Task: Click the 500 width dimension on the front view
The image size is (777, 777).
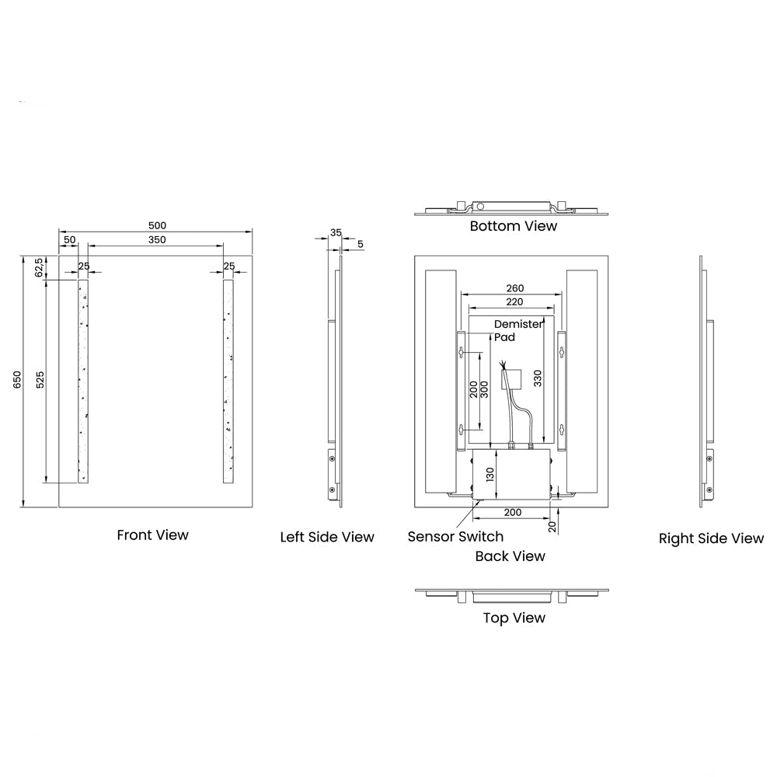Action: (157, 225)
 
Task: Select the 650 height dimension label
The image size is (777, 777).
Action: (17, 380)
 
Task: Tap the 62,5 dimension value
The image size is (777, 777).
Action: (40, 267)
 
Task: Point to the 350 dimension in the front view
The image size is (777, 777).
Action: (157, 240)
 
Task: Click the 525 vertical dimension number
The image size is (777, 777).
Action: (40, 380)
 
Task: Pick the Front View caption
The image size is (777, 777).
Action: (152, 535)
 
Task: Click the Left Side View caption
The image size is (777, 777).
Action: (327, 537)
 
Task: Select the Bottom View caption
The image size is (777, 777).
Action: (514, 226)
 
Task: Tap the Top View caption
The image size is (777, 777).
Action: (514, 618)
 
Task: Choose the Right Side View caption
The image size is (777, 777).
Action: (711, 538)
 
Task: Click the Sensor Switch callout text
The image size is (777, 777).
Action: (455, 537)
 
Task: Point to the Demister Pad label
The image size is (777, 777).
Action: (518, 330)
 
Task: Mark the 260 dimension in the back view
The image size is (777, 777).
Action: (515, 288)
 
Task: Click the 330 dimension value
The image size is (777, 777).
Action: (538, 378)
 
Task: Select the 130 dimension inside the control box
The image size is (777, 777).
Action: (490, 475)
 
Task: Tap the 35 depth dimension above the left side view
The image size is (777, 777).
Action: (336, 232)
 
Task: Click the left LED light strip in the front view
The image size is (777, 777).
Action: (83, 381)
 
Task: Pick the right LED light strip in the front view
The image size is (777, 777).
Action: (228, 381)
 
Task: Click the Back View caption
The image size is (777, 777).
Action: (510, 556)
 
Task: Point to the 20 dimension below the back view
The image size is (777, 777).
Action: (552, 527)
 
